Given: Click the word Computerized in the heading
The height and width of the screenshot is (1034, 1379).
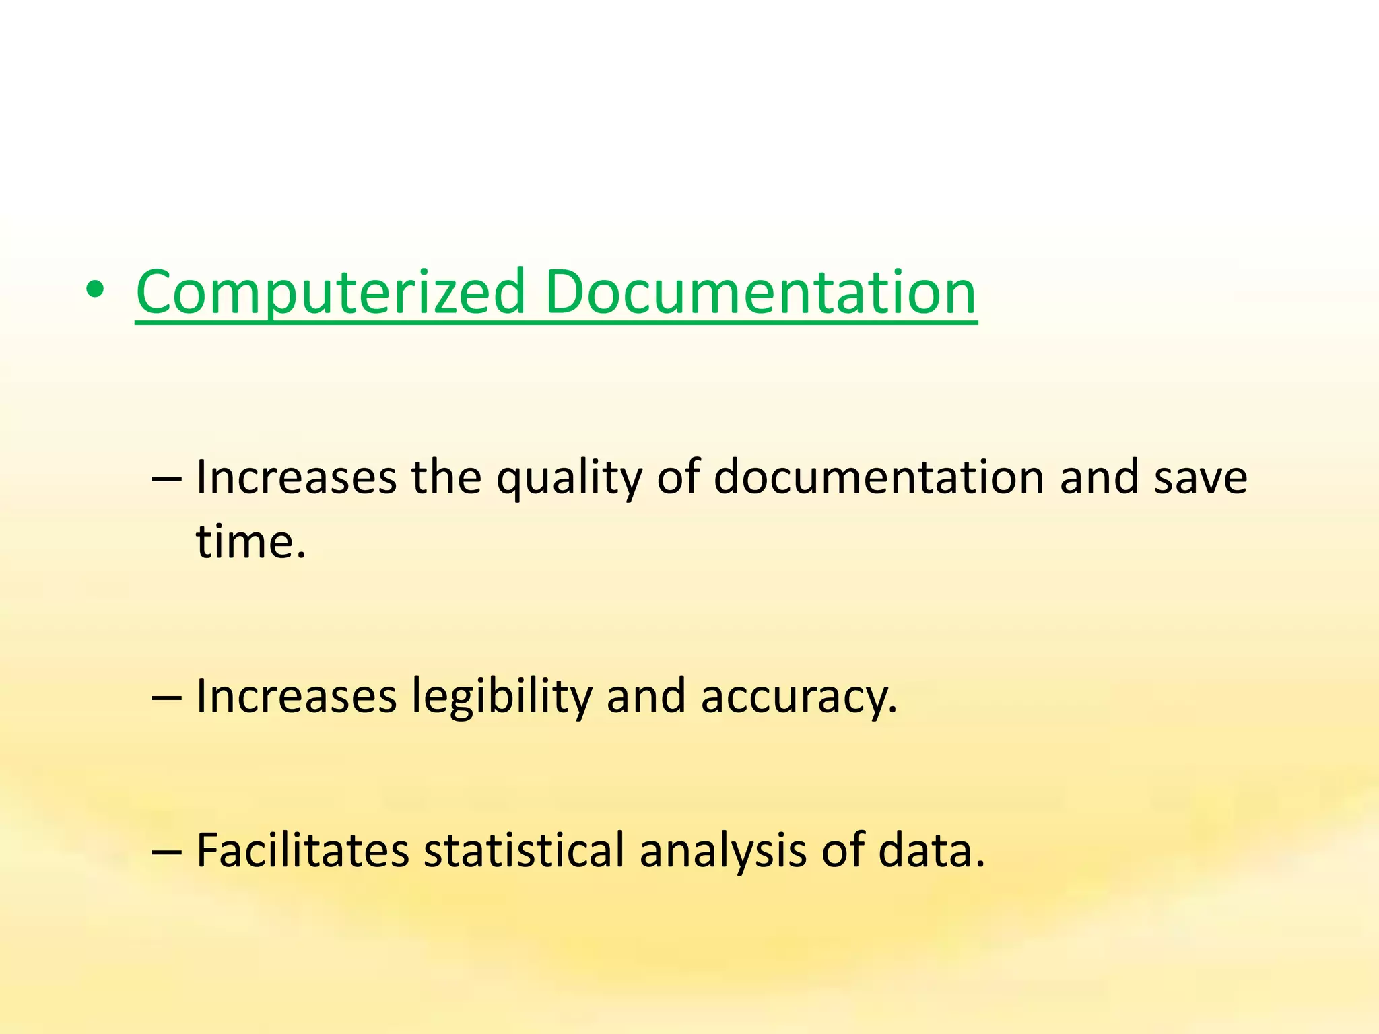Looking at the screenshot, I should click(330, 292).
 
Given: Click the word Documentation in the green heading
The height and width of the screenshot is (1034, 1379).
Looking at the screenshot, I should click(760, 292).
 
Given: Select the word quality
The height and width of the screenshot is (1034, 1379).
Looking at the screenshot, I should click(569, 478).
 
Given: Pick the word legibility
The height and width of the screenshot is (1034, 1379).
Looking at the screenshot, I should click(501, 696).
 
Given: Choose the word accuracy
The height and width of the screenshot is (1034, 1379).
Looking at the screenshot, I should click(799, 696).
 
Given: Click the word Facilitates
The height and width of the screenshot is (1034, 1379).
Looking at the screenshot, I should click(302, 850).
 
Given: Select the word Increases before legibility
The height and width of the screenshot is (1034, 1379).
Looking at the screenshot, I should click(296, 696).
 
